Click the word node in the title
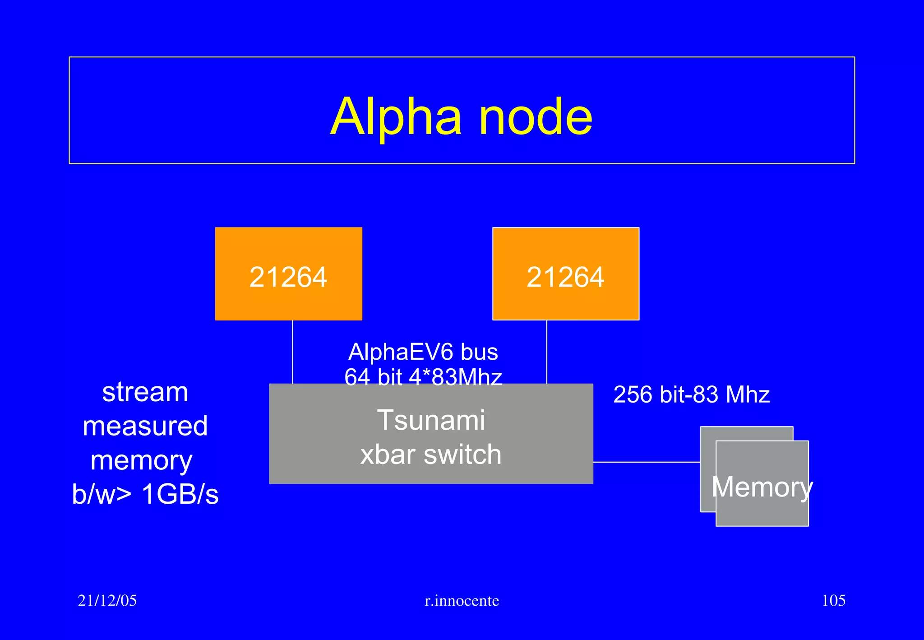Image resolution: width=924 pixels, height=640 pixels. (536, 117)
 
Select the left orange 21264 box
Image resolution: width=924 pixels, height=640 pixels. (288, 274)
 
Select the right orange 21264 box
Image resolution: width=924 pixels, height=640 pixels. (565, 274)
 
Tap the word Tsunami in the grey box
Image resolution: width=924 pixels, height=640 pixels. (431, 420)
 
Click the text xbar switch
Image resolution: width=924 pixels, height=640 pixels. (431, 454)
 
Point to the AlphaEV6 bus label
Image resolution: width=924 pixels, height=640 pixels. (423, 352)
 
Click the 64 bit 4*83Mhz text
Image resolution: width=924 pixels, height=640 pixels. (423, 376)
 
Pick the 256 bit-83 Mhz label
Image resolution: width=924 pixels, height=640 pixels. (691, 394)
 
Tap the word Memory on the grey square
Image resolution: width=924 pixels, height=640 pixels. (762, 487)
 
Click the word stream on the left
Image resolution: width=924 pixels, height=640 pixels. (145, 392)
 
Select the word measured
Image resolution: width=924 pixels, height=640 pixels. (145, 426)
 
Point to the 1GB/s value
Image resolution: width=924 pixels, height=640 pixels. (180, 494)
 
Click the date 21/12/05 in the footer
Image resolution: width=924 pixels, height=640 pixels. (107, 600)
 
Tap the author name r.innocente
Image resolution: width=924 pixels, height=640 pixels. (462, 601)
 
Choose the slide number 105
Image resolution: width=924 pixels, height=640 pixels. (833, 600)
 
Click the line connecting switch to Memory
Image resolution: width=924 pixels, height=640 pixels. (646, 462)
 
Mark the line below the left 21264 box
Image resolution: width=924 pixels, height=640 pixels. (293, 352)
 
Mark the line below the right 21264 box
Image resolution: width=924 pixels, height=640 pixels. (547, 352)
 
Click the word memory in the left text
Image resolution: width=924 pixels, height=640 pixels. (142, 461)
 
